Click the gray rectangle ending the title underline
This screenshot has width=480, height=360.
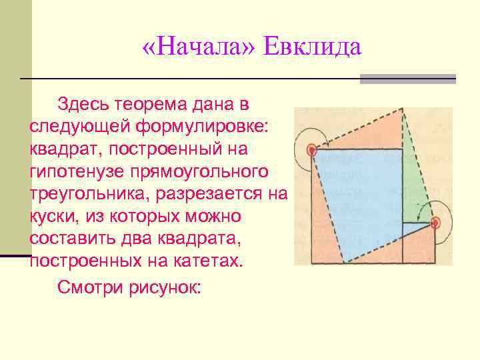tap(407, 79)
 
